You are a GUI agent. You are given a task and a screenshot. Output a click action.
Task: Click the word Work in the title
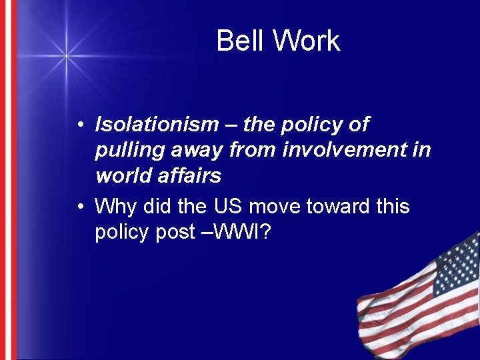(x=307, y=41)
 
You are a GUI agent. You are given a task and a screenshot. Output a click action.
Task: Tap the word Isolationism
(x=157, y=125)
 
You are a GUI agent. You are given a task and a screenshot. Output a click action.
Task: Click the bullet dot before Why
(x=79, y=207)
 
